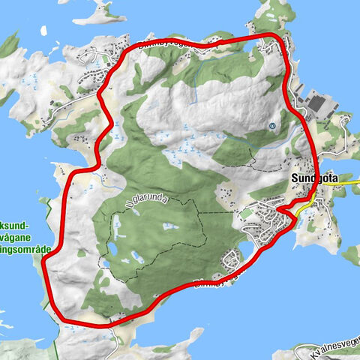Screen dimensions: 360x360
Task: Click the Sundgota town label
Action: click(x=310, y=180)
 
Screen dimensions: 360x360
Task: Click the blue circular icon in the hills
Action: click(x=271, y=125)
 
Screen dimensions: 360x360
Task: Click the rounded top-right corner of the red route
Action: click(x=279, y=40)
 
